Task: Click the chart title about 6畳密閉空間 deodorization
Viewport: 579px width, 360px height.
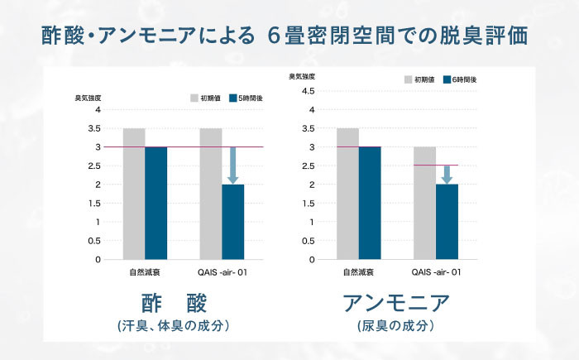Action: click(x=289, y=36)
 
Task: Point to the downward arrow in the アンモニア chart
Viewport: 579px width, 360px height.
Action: click(x=447, y=174)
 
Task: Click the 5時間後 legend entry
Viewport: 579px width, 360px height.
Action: click(x=246, y=97)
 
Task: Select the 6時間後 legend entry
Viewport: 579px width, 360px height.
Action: click(x=460, y=79)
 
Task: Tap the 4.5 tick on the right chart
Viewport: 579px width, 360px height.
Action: click(x=306, y=91)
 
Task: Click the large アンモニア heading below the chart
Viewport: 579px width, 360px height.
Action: click(x=396, y=302)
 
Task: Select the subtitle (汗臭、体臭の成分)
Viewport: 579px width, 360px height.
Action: click(x=173, y=326)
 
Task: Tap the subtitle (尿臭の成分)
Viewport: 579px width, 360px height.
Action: click(x=396, y=326)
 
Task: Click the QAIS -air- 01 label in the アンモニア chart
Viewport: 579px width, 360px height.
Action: click(x=436, y=271)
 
